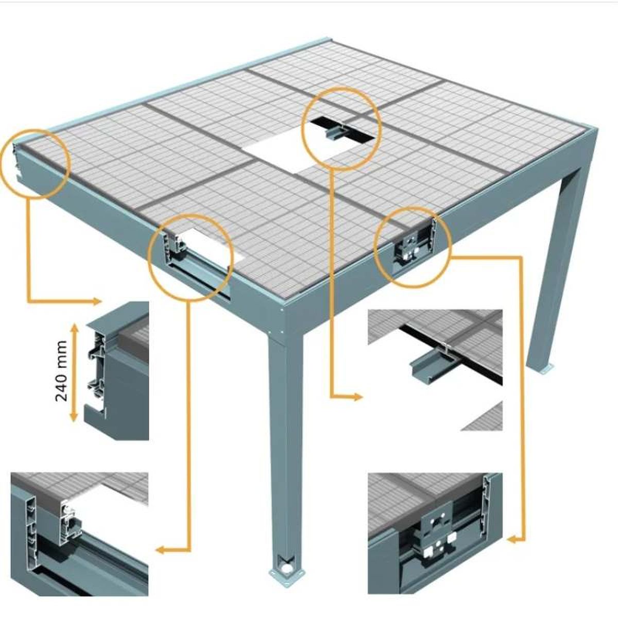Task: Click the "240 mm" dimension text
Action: pos(61,371)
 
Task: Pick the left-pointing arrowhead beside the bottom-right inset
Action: pos(512,539)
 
